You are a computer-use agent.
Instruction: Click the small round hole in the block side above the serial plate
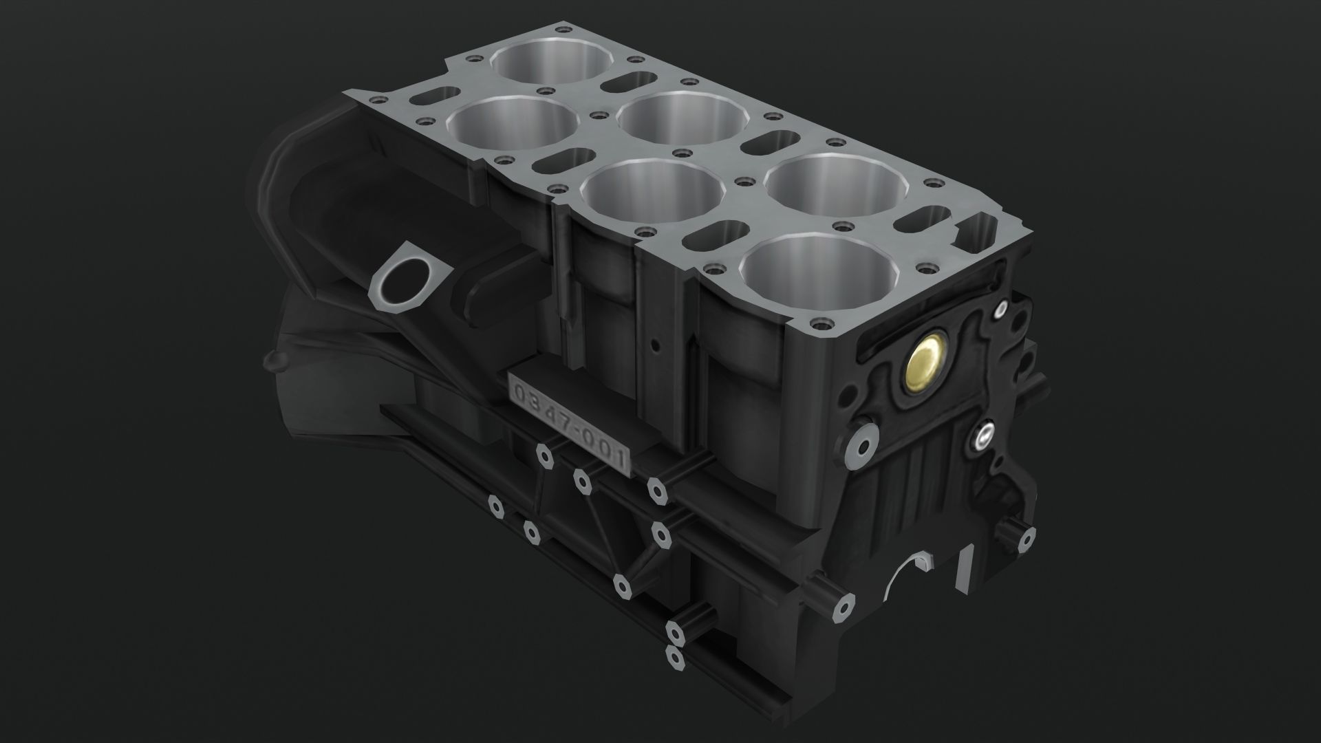(656, 342)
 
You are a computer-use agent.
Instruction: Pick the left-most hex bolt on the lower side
(495, 506)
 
